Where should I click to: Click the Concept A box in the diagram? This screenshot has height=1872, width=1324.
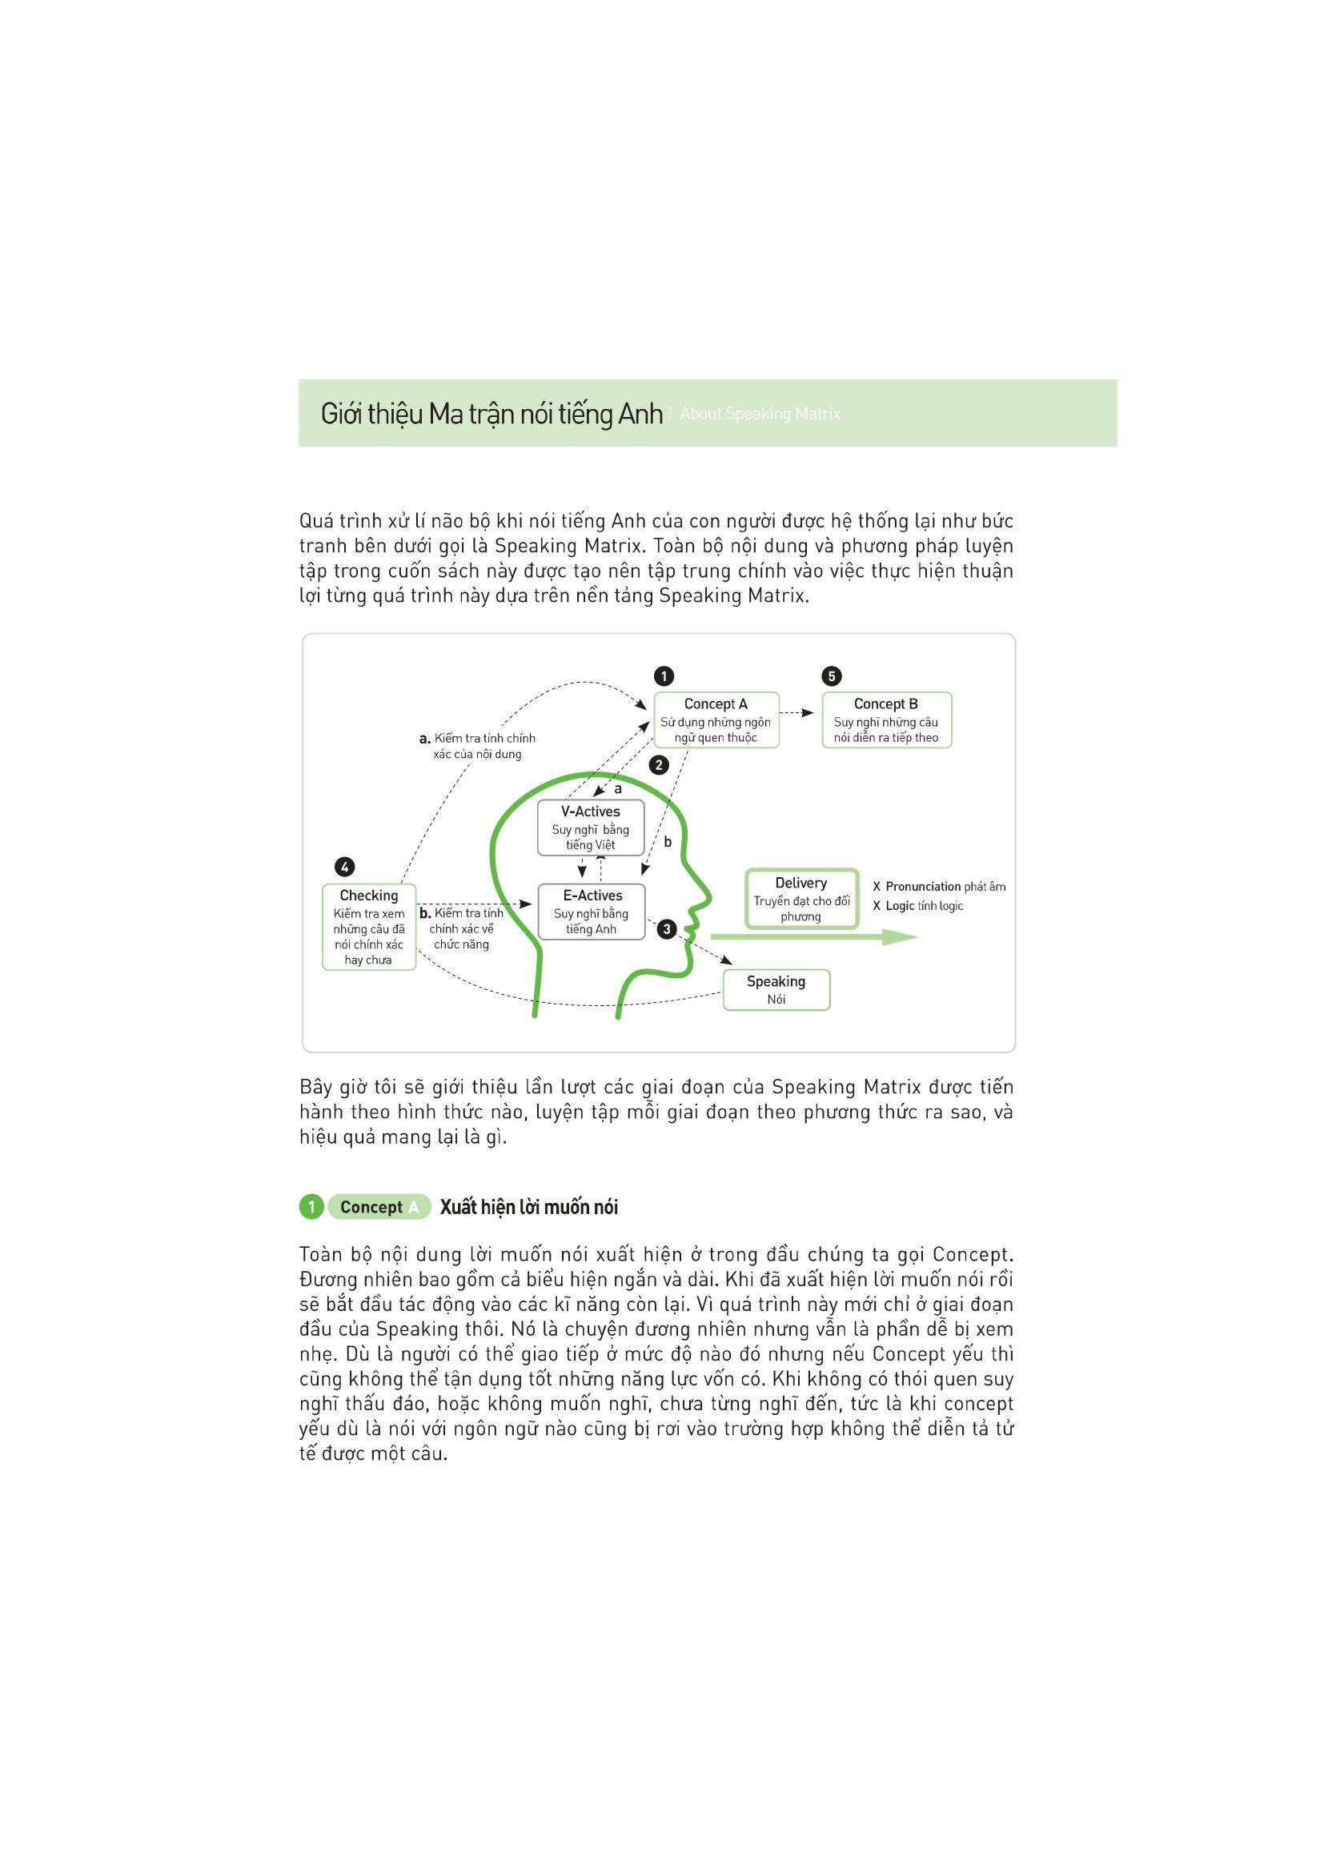pos(716,720)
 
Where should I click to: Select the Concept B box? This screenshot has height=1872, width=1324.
pos(886,720)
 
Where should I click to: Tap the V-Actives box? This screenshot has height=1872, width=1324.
pos(590,828)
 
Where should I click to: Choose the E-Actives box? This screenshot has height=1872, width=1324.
pos(592,912)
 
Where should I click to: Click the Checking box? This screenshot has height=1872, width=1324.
pos(368,927)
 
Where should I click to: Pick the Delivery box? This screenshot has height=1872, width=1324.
pos(801,899)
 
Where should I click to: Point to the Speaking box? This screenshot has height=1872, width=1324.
pos(776,990)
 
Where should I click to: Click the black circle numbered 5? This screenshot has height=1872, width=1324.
pos(832,676)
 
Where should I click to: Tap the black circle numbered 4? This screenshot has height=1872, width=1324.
pos(346,867)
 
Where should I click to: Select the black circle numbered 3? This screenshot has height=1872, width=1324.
pos(668,928)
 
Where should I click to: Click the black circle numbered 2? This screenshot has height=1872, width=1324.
pos(658,765)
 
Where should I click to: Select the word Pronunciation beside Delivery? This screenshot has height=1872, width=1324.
pos(923,886)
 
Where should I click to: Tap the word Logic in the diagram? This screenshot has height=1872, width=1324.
pos(900,906)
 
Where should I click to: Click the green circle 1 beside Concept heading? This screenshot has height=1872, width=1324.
pos(311,1207)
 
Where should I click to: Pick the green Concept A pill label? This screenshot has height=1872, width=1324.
pos(379,1207)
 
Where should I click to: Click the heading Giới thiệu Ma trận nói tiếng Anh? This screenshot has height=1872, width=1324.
pos(491,415)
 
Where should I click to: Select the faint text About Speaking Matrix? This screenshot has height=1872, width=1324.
pos(760,415)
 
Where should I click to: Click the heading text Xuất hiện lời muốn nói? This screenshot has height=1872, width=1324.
pos(528,1207)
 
